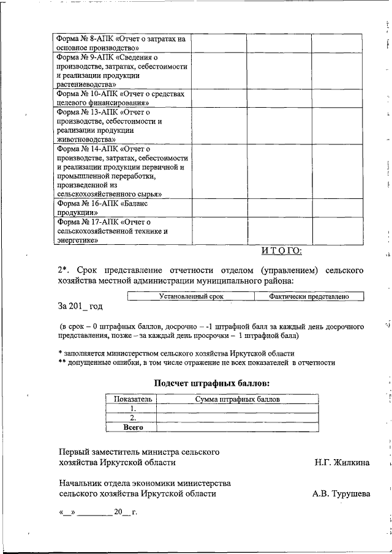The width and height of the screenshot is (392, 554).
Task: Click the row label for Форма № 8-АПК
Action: click(121, 42)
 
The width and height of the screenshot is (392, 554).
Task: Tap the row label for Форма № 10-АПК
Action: click(121, 98)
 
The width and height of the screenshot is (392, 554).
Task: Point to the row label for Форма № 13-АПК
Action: click(121, 125)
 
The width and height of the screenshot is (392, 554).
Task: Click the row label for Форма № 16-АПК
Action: click(121, 207)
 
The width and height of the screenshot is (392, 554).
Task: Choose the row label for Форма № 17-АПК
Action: click(121, 231)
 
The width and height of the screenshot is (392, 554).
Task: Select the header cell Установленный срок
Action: click(190, 297)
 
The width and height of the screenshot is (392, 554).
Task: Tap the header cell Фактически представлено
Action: click(309, 297)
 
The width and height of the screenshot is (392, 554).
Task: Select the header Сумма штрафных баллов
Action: click(237, 399)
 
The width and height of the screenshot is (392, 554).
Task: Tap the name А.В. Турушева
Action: click(341, 492)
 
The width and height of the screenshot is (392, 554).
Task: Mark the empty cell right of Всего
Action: click(237, 428)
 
